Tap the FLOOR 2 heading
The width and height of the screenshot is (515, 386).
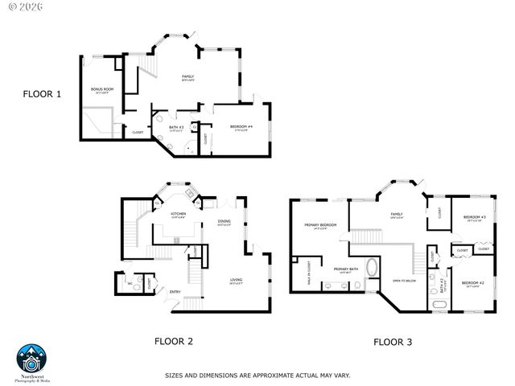174,341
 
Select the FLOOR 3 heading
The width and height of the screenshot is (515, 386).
393,342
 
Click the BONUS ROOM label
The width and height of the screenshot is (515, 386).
101,89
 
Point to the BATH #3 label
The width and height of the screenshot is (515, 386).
176,127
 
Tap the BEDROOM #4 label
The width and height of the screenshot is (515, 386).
241,127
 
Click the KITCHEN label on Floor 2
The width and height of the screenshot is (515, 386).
179,214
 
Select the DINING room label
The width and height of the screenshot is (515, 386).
225,222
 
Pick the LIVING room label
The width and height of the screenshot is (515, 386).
236,280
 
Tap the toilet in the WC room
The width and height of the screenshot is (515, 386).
138,282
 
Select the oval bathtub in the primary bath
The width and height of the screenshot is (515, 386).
372,269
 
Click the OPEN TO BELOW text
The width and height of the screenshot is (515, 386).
404,281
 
